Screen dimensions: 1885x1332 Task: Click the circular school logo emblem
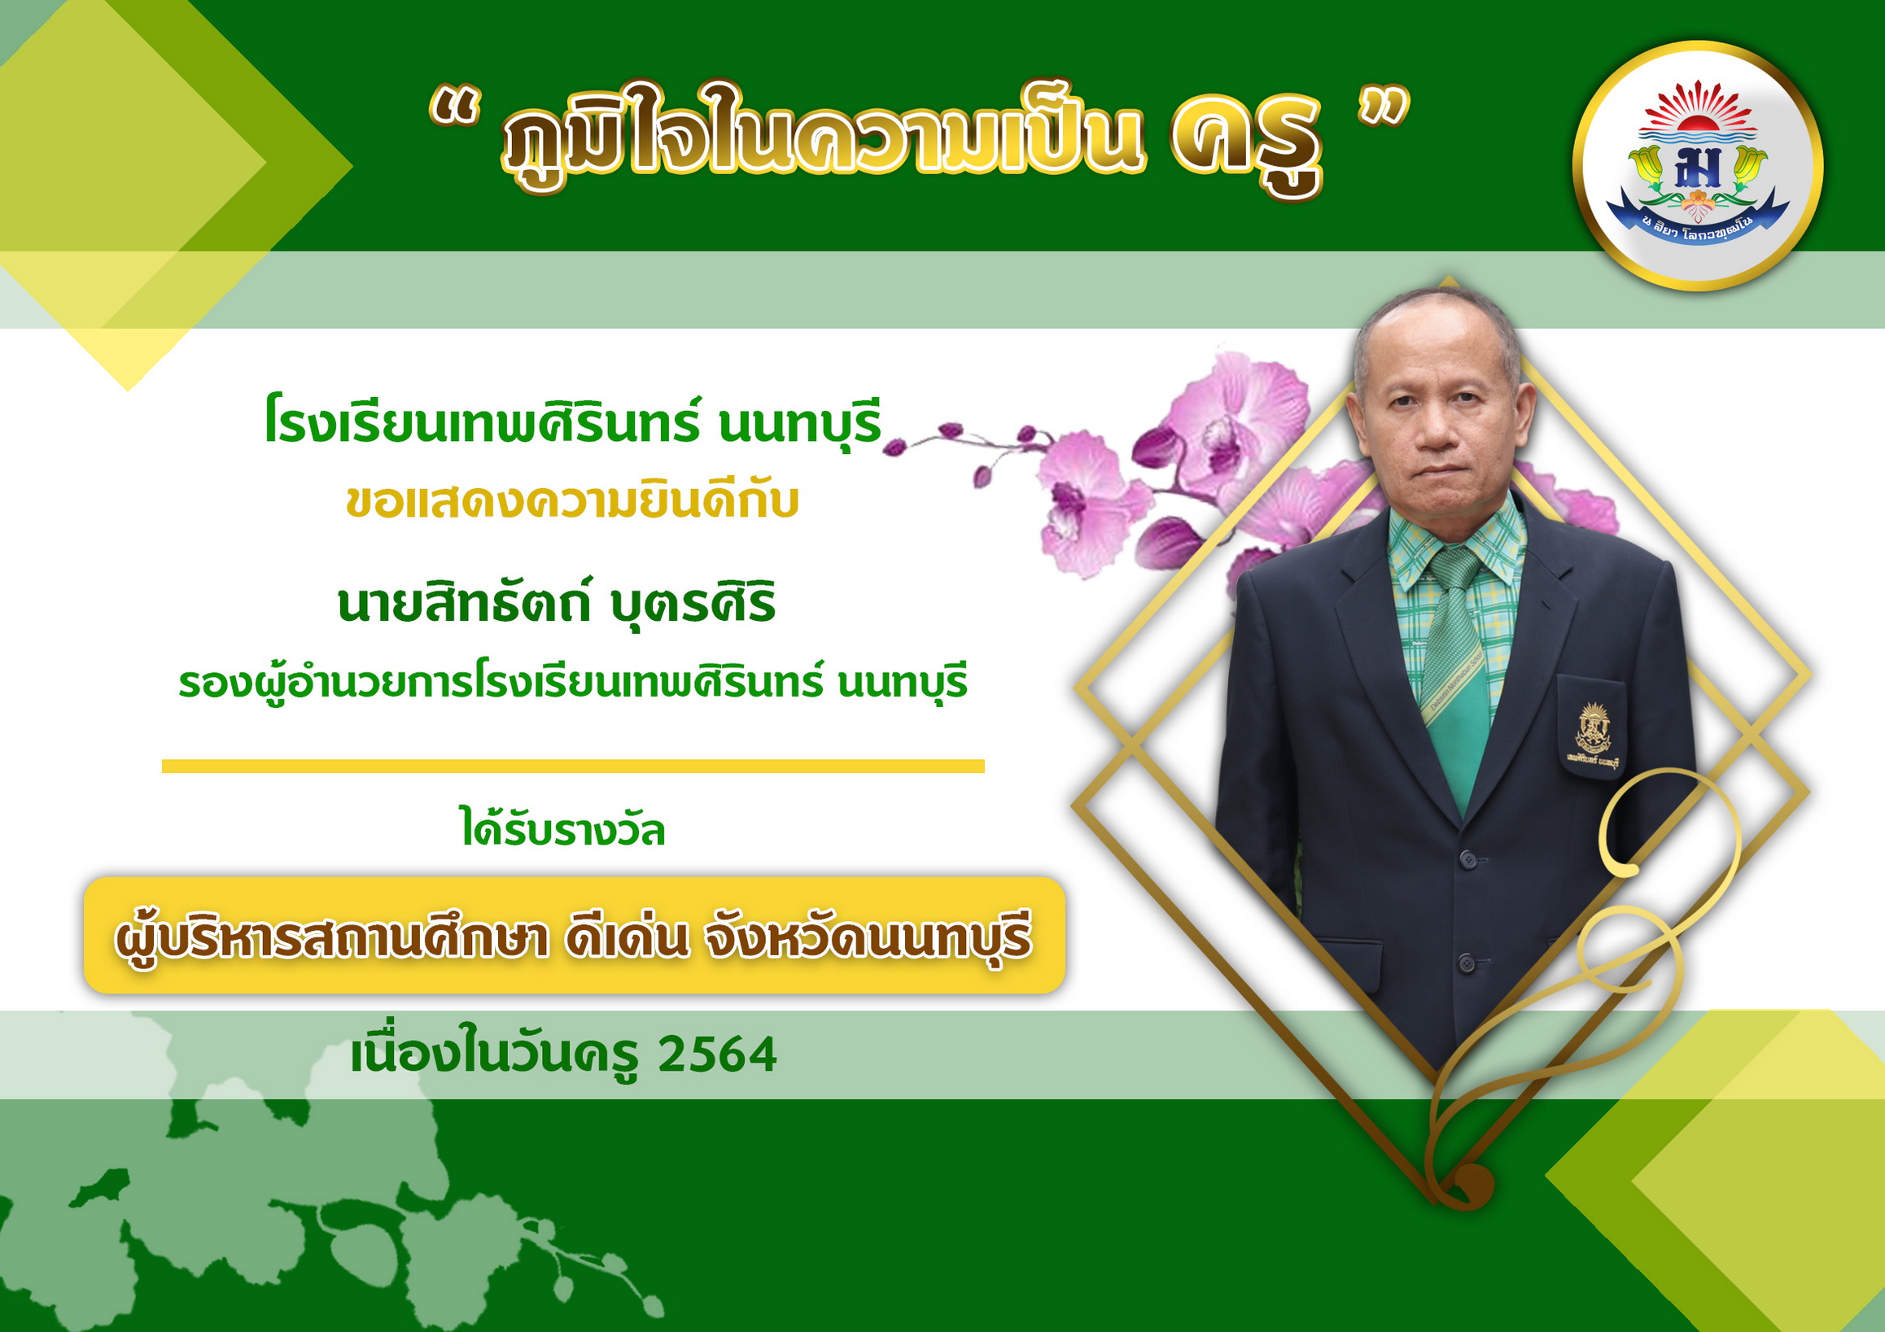1697,167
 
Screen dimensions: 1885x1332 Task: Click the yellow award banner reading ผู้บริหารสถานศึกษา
574,936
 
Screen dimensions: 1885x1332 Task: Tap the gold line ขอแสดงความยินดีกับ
572,500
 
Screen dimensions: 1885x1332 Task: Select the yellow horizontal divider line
573,766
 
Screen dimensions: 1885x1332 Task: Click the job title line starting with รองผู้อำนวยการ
573,683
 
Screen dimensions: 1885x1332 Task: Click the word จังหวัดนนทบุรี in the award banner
868,939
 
